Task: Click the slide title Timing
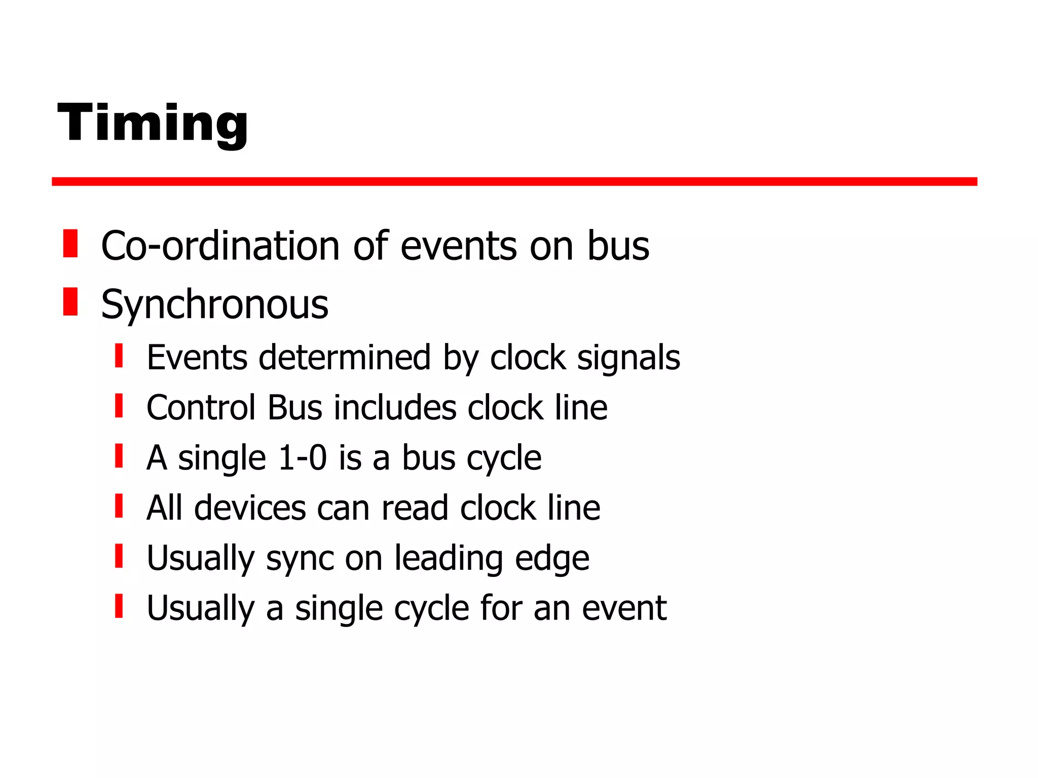(x=153, y=123)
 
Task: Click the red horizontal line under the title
(x=514, y=182)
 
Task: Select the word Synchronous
(x=215, y=305)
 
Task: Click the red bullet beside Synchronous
(x=70, y=301)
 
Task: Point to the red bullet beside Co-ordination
(x=70, y=244)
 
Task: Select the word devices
(x=250, y=508)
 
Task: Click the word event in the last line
(x=624, y=608)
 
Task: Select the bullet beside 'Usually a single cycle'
(x=119, y=606)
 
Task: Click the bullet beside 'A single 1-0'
(x=119, y=455)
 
